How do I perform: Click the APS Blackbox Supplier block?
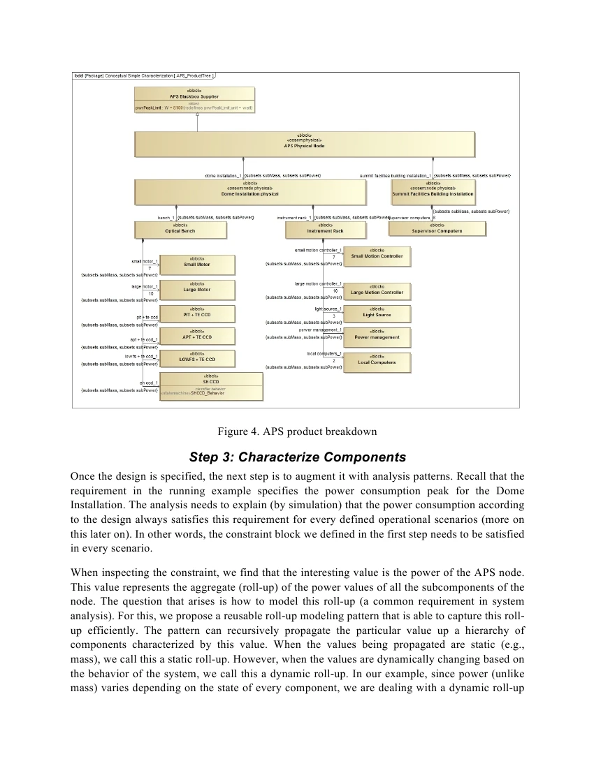[194, 99]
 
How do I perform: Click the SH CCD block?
[212, 386]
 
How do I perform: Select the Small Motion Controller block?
[377, 256]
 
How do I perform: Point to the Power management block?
[377, 336]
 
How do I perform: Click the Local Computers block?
[377, 362]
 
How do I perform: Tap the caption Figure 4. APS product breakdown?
[297, 431]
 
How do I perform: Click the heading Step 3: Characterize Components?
[297, 458]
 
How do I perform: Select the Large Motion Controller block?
[377, 291]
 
